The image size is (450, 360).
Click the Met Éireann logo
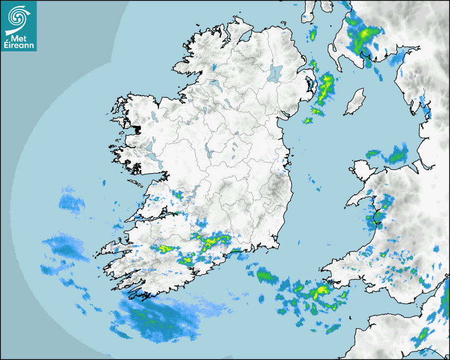tap(19, 26)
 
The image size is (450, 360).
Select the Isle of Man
tap(355, 102)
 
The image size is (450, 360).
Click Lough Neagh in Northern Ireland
tap(275, 73)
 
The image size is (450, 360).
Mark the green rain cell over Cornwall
tap(423, 335)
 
